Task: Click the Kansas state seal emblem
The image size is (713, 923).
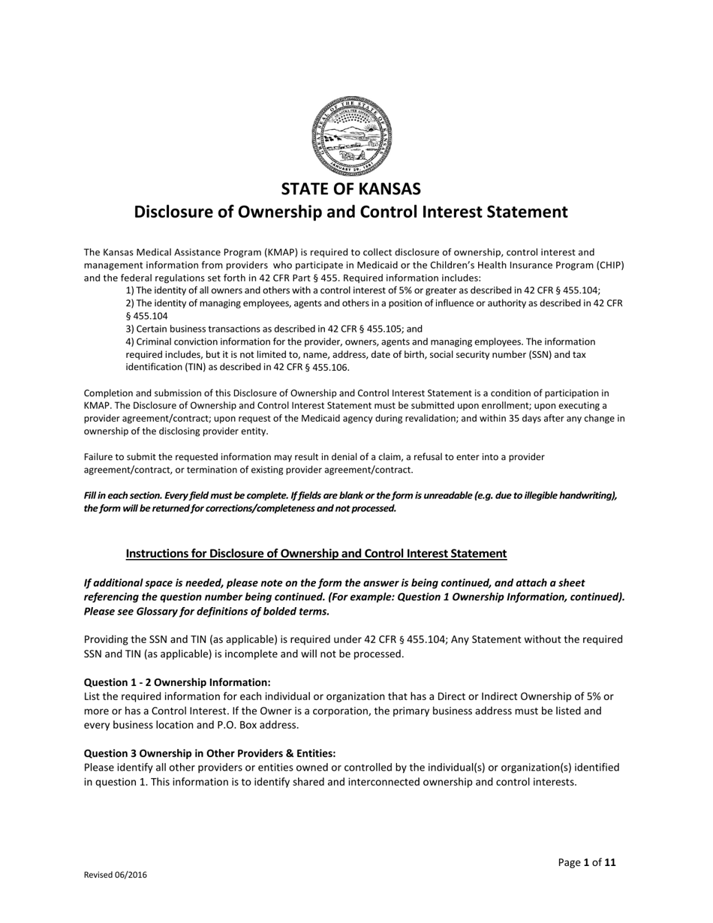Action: [351, 135]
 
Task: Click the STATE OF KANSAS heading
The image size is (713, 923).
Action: [351, 188]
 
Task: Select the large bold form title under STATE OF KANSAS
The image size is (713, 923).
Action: [350, 212]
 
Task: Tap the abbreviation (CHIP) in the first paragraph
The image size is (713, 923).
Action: [610, 265]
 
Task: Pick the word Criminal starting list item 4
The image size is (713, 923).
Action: [153, 341]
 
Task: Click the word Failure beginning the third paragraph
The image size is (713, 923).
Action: [99, 457]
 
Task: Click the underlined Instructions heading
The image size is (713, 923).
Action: [316, 554]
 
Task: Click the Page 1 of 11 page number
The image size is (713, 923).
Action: [586, 862]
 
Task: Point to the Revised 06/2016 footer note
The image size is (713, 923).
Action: [115, 875]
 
